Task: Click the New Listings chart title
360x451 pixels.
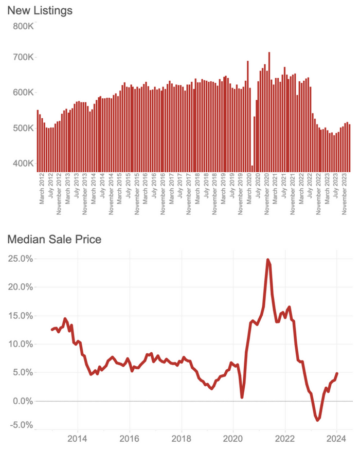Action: (x=40, y=10)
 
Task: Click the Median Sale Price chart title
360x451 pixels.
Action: (x=54, y=239)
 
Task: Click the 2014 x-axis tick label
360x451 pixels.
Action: (x=78, y=439)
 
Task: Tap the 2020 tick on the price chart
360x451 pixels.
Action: (x=233, y=439)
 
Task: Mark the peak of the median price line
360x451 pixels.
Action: (x=268, y=260)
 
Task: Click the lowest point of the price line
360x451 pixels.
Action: (x=318, y=420)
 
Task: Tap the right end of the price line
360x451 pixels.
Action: (x=337, y=374)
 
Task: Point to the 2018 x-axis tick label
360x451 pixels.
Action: (x=181, y=439)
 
